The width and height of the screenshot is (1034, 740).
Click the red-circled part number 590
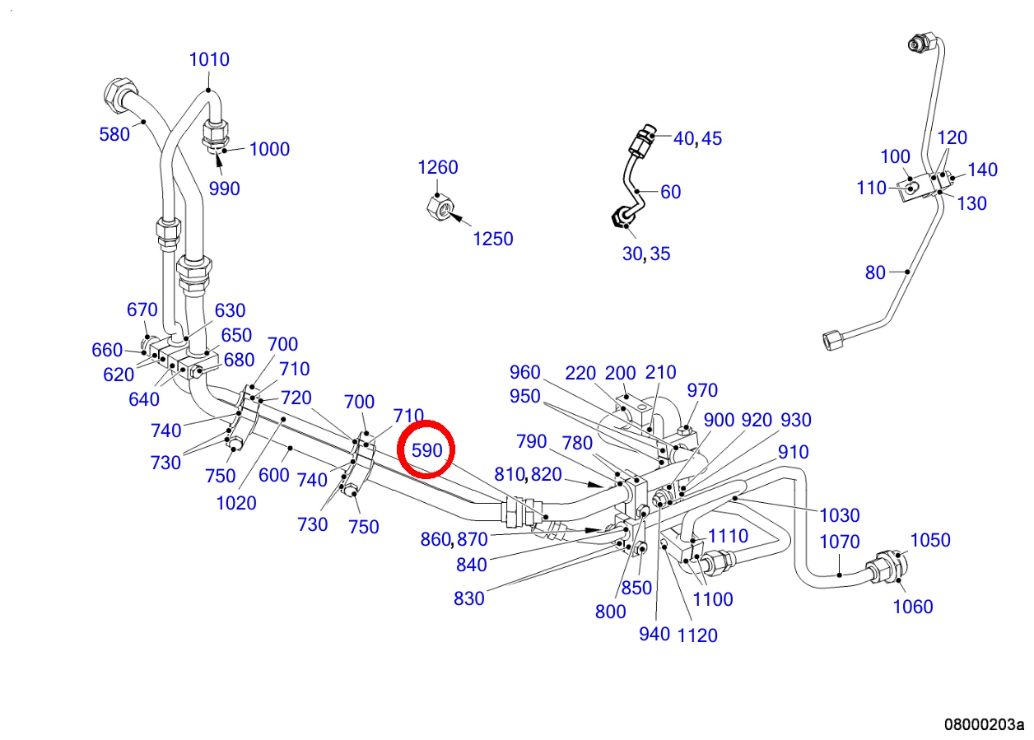[427, 450]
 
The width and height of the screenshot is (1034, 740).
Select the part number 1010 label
[209, 59]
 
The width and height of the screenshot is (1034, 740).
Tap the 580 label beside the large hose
[114, 135]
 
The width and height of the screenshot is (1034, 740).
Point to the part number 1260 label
[438, 167]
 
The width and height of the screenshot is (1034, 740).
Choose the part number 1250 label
[493, 240]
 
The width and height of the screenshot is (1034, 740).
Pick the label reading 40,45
[697, 138]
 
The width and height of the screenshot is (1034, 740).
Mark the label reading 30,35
[645, 254]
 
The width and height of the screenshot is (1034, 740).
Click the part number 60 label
[671, 192]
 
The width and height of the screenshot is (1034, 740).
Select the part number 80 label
[875, 272]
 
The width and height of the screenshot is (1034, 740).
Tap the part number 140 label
[982, 170]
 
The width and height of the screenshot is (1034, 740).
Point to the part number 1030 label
[839, 515]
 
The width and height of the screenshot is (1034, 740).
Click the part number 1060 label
[913, 607]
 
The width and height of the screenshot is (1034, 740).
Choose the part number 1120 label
[697, 636]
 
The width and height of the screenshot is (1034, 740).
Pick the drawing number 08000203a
[984, 724]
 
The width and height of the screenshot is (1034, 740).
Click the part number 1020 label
[236, 503]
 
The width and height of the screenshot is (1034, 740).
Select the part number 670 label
[142, 309]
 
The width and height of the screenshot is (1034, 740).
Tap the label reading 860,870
[454, 539]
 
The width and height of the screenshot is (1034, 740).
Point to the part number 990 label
[225, 188]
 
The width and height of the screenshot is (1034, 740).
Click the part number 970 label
[702, 390]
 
